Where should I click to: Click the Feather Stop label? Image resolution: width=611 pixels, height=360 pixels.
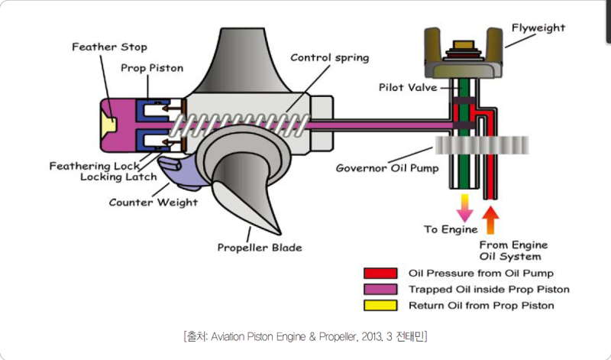click(x=109, y=47)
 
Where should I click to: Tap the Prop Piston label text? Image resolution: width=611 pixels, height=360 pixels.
click(x=152, y=68)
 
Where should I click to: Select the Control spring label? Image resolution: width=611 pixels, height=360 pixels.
click(x=329, y=57)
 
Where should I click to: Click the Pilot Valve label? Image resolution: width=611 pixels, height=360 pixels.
click(x=408, y=87)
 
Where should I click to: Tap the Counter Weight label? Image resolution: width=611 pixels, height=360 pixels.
click(x=153, y=203)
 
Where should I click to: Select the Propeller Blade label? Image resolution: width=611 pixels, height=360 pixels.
click(x=260, y=247)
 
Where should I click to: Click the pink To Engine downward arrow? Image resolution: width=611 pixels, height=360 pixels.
click(x=462, y=205)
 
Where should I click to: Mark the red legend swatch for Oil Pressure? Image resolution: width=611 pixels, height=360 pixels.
click(x=380, y=273)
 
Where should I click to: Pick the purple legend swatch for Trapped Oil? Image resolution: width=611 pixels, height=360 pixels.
click(x=380, y=290)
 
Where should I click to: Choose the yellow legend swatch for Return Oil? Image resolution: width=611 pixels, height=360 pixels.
click(x=380, y=306)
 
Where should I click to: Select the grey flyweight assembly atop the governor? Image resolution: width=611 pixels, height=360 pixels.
click(x=462, y=61)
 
